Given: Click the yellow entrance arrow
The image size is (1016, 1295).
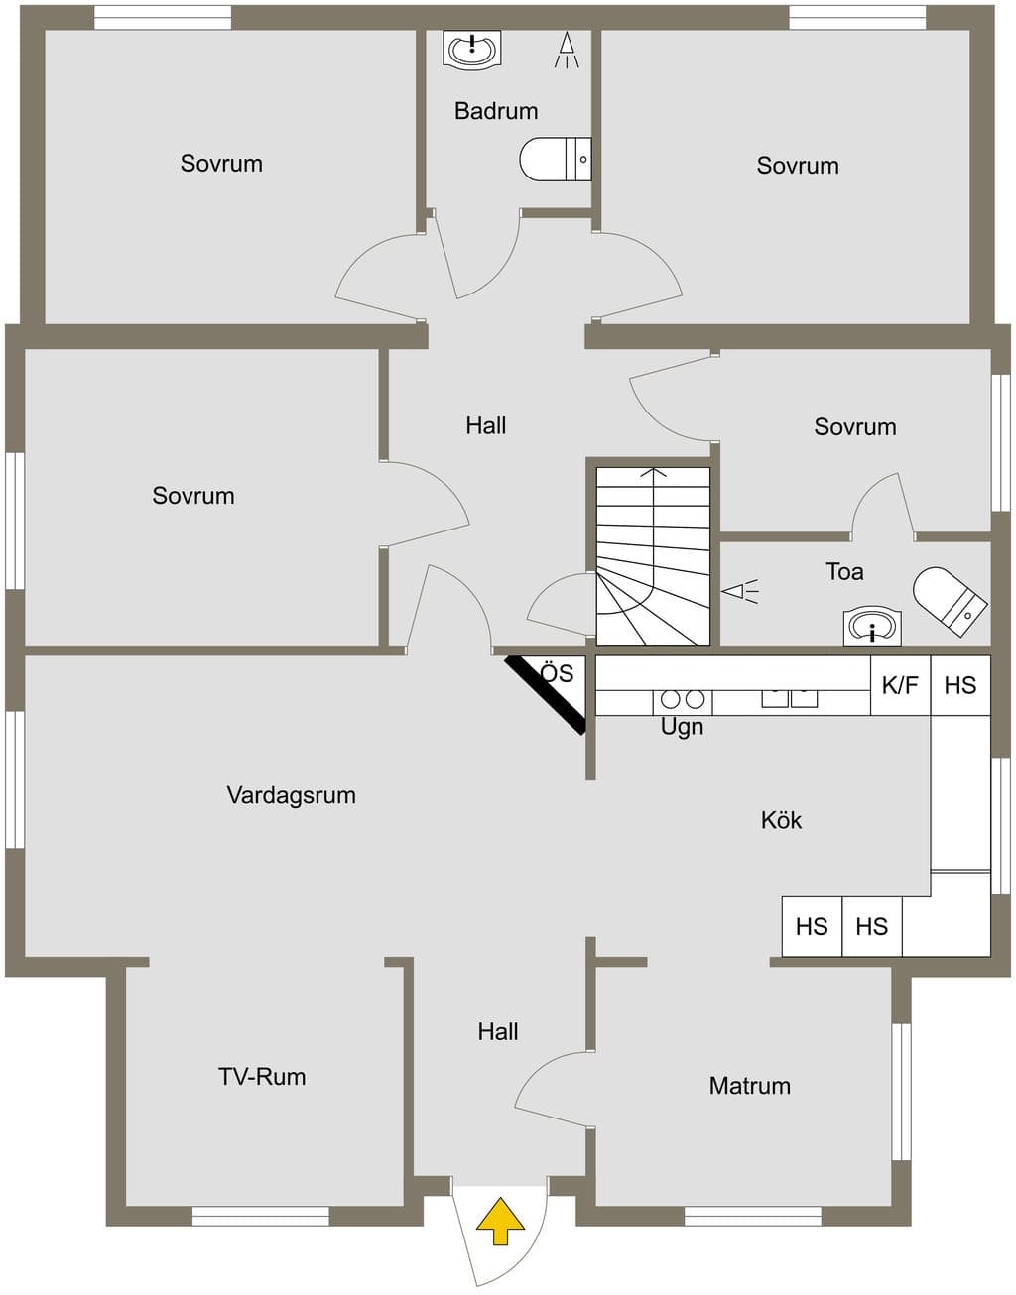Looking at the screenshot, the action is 500,1221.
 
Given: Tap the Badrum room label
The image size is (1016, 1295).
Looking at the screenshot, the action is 496,111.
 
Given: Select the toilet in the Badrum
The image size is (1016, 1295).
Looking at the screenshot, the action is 555,159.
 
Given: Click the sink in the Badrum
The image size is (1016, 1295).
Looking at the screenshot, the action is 472,49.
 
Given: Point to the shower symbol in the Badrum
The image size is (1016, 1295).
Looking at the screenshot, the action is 567,50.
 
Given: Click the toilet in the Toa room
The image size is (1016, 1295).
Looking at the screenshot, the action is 950,601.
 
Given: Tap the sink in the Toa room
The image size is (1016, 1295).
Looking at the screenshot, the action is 872,627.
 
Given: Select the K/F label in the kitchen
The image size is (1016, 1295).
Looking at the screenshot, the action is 900,685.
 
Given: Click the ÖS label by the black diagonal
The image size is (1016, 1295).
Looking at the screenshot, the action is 558,673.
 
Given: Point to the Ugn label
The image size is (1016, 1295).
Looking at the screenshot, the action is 682,728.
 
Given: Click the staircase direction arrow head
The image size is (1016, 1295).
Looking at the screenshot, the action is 654,473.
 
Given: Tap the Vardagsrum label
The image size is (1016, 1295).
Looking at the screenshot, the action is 291,795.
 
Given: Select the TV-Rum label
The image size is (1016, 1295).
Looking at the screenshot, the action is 262,1076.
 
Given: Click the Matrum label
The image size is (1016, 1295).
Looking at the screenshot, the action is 749,1085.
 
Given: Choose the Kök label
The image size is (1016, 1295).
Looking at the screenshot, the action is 781,820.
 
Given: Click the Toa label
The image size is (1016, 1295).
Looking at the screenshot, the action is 844,571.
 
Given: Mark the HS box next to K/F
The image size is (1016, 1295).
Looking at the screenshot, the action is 960,685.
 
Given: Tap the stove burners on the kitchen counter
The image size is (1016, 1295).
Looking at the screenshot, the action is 683,699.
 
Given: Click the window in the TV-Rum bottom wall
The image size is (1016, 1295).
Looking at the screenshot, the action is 261,1216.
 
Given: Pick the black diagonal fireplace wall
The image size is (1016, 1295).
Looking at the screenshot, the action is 545,695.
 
